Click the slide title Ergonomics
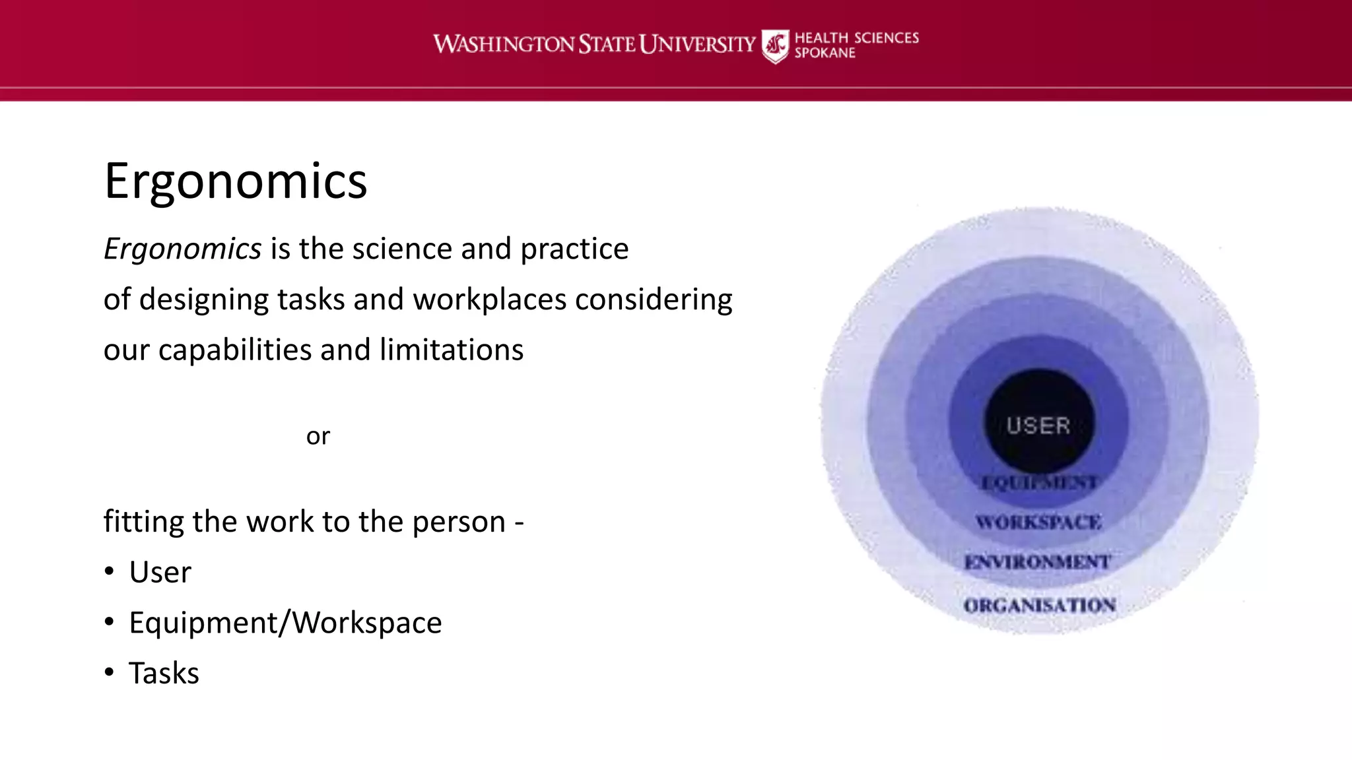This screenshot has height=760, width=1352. (236, 181)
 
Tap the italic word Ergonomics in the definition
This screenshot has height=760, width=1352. (183, 249)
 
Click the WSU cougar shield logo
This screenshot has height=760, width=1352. (774, 46)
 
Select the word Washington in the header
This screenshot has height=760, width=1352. (504, 44)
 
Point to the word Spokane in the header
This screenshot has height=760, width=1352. (825, 53)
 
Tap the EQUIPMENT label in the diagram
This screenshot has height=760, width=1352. (1039, 482)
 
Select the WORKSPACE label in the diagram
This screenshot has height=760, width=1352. (1039, 522)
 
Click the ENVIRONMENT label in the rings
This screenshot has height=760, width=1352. (1038, 562)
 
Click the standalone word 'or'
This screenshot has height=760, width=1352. (318, 436)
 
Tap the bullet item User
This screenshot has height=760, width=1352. (160, 572)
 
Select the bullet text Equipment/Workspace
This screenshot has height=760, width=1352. (285, 623)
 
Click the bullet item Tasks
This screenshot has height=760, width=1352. (164, 674)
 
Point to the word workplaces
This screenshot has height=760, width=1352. (489, 300)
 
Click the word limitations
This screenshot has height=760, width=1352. (451, 350)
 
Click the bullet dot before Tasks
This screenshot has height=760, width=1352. (109, 672)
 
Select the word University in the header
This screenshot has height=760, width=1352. (697, 44)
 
